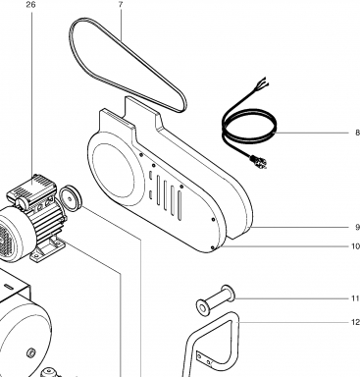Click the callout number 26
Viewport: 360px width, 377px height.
click(x=31, y=5)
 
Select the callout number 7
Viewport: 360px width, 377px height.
click(x=121, y=5)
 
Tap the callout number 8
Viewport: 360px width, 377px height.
click(x=357, y=133)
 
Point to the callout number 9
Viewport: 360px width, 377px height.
click(x=357, y=227)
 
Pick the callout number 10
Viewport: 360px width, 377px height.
click(x=355, y=245)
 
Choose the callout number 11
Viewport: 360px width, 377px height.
click(x=355, y=298)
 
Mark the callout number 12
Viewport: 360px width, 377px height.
click(x=355, y=322)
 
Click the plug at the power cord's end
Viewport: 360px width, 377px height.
click(x=258, y=162)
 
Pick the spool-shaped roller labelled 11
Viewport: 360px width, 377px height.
click(x=216, y=300)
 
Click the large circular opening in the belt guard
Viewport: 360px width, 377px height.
click(x=113, y=170)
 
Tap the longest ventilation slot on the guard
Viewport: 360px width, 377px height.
click(x=180, y=205)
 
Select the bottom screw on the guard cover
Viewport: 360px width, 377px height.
click(x=213, y=248)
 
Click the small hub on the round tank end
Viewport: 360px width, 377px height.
click(x=30, y=352)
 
